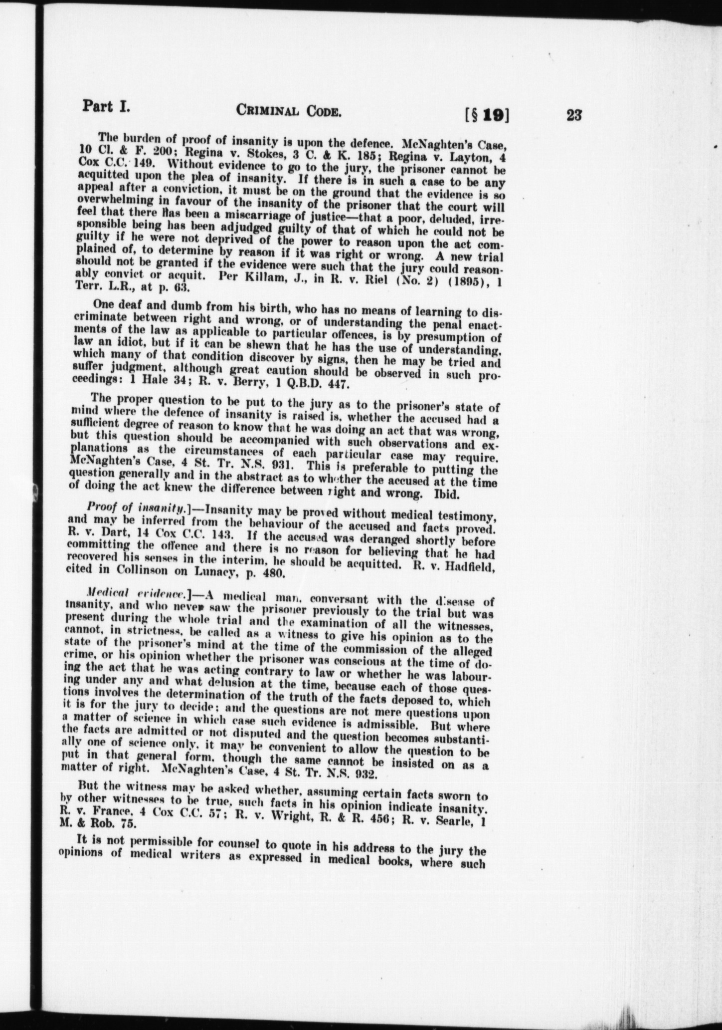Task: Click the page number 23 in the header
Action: (x=574, y=116)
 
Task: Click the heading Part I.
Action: (x=106, y=106)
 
